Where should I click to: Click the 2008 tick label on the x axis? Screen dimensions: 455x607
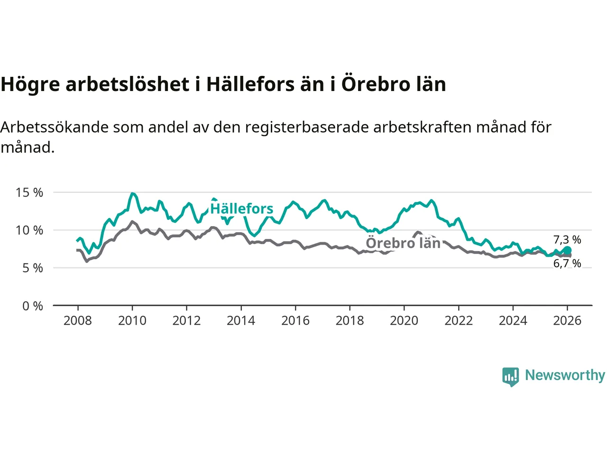77,321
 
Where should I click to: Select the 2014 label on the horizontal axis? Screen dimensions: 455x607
241,321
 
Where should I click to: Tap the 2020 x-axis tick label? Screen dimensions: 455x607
404,321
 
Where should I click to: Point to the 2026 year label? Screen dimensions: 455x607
567,321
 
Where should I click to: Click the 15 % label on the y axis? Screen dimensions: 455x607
29,192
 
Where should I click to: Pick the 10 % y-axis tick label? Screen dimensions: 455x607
29,230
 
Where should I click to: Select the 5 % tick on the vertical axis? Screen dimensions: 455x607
33,268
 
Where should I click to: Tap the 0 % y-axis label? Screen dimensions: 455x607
33,306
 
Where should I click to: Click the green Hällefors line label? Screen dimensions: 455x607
242,209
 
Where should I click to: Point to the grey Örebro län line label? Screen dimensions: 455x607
403,243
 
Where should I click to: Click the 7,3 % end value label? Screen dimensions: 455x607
567,240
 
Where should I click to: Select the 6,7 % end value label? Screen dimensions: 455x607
567,264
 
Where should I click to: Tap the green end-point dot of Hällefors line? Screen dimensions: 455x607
567,250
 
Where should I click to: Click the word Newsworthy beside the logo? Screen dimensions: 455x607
565,375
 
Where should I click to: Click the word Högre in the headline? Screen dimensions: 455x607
30,84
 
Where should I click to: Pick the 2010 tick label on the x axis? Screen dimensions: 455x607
132,321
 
